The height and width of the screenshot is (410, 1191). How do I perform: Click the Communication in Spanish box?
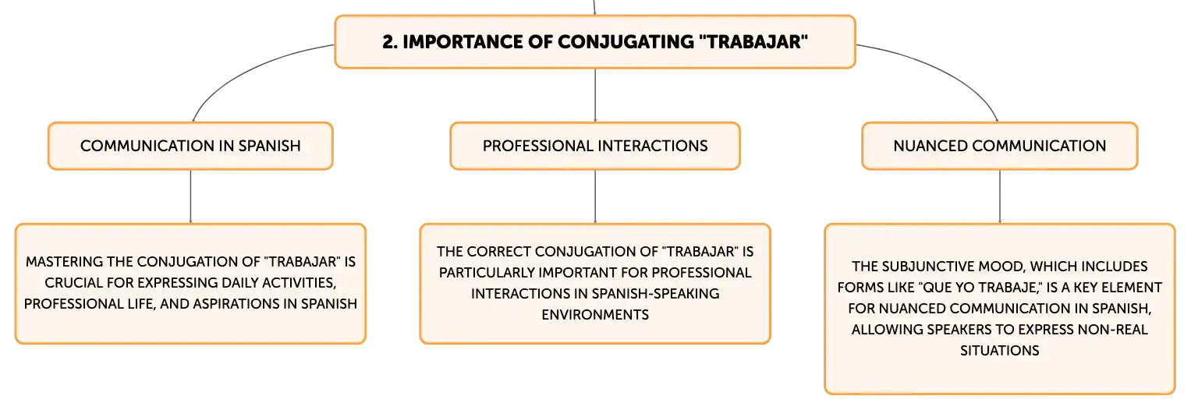click(x=190, y=146)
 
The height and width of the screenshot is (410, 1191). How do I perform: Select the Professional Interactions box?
click(x=595, y=146)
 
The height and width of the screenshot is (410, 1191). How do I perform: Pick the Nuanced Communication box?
click(x=1000, y=146)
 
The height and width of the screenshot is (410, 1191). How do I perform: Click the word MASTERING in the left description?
click(x=64, y=262)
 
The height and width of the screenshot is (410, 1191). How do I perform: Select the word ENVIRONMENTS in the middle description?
click(x=595, y=315)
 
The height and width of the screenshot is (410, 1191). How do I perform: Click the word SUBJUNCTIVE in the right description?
click(x=928, y=266)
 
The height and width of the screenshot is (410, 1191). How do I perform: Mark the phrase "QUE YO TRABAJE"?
click(x=980, y=288)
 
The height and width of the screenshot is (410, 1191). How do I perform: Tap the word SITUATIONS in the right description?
click(x=1000, y=351)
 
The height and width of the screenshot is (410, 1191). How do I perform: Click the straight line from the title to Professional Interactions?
click(x=595, y=95)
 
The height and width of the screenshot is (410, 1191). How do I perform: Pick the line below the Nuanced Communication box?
click(x=1000, y=196)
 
